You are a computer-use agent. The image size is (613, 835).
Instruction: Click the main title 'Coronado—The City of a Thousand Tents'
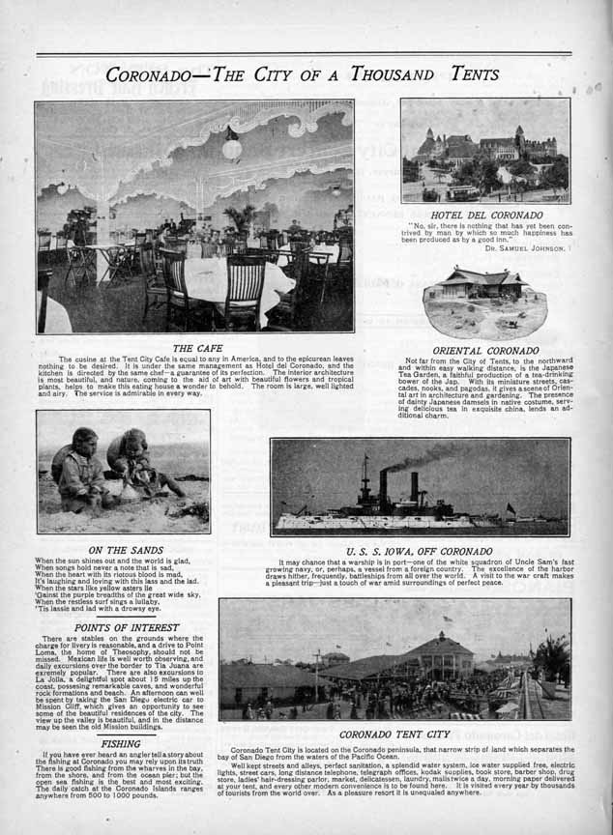click(x=290, y=73)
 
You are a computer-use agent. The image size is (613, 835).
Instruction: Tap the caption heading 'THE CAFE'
click(x=197, y=347)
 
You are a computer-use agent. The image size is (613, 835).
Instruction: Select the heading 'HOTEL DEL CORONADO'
click(x=486, y=215)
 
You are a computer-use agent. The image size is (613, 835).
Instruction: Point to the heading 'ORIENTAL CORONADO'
click(x=485, y=349)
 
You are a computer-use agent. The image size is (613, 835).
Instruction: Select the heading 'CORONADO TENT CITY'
click(x=394, y=734)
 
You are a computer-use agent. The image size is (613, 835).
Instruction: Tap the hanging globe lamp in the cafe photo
click(x=231, y=147)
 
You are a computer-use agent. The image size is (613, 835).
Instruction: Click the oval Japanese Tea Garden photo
click(x=484, y=302)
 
